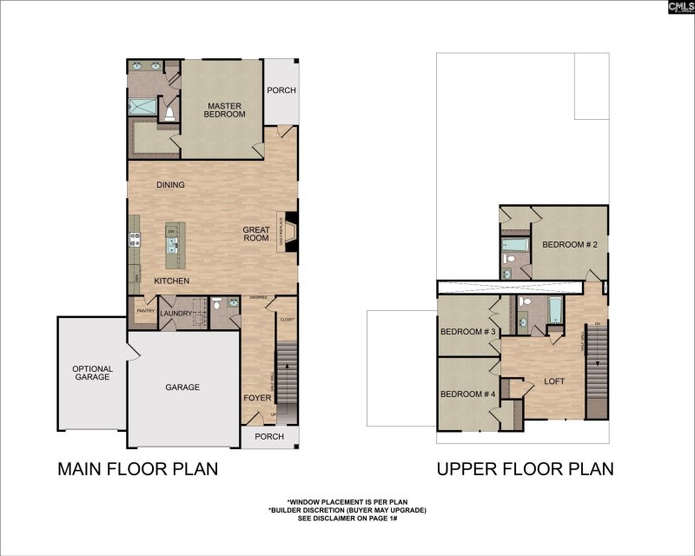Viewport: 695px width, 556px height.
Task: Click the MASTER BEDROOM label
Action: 224,109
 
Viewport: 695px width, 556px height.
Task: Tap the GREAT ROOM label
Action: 256,234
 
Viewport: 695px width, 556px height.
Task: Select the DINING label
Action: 170,185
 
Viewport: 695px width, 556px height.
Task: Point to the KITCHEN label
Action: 172,281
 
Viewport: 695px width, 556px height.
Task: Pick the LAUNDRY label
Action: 175,313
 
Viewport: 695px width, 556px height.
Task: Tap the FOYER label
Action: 257,399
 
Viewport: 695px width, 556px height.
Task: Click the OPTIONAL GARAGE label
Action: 92,373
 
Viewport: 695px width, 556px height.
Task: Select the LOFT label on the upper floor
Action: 554,381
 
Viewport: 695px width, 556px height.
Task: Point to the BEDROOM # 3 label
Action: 467,332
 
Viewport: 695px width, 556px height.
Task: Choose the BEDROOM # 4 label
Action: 467,394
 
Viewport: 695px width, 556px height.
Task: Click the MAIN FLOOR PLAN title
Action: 137,469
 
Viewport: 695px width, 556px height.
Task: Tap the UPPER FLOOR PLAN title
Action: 525,469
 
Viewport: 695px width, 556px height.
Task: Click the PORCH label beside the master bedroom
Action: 281,89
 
